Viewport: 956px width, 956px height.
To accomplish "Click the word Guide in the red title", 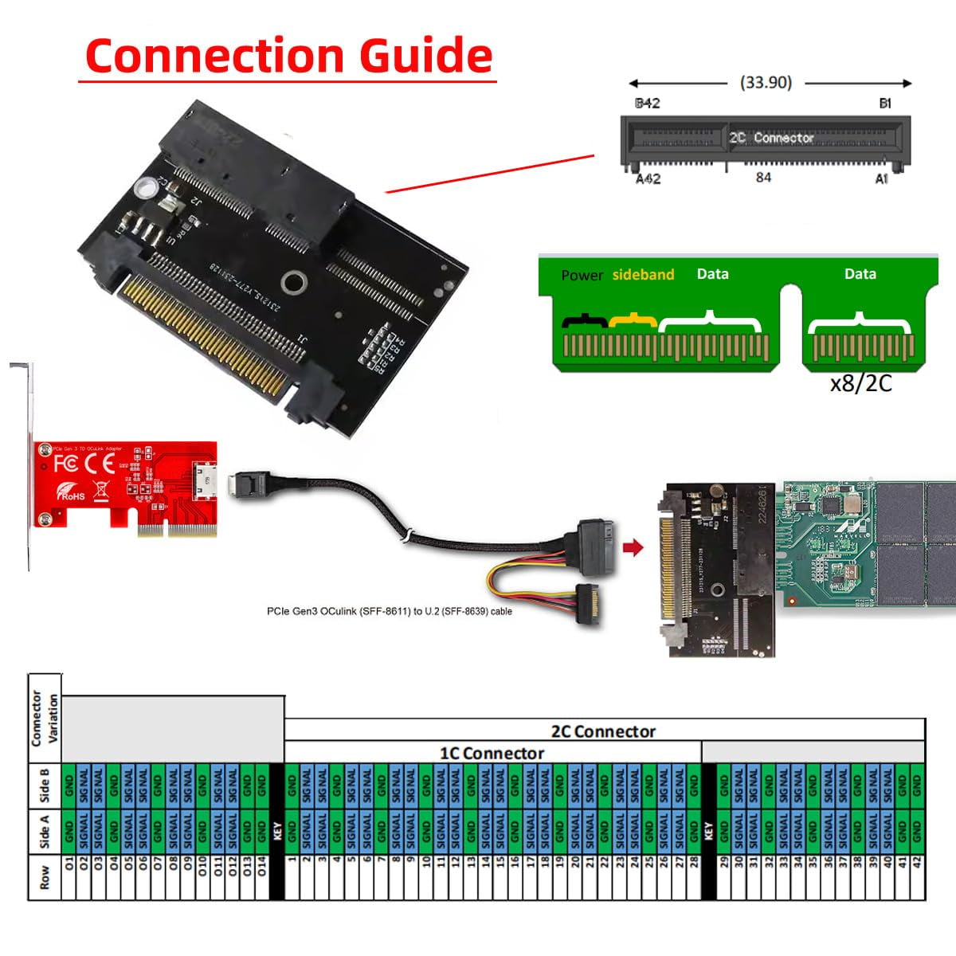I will pos(425,56).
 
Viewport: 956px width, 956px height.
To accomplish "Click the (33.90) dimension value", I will pos(766,82).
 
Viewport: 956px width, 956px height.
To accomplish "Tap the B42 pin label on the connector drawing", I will pos(647,104).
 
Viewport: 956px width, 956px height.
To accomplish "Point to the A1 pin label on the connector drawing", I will pos(882,179).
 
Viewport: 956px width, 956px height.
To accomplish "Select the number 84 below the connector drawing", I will pos(763,177).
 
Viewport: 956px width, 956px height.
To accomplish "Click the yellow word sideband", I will pos(643,275).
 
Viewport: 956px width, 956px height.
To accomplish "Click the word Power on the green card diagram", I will pos(582,276).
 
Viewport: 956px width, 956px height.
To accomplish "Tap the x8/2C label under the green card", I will pos(860,383).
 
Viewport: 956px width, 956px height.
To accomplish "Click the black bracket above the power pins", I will pos(586,321).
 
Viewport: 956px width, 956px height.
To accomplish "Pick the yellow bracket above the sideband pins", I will pos(633,320).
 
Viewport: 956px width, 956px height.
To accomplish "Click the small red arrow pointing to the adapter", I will pos(633,547).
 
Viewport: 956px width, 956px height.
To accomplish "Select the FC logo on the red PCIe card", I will pos(66,464).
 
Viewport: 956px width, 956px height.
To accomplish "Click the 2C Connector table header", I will pos(603,731).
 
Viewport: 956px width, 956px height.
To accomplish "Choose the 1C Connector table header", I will pos(492,753).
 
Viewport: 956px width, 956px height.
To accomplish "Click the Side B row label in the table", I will pos(45,786).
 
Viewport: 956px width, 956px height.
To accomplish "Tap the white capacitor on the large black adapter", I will pos(146,187).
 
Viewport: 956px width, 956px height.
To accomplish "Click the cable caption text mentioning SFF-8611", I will pos(389,611).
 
